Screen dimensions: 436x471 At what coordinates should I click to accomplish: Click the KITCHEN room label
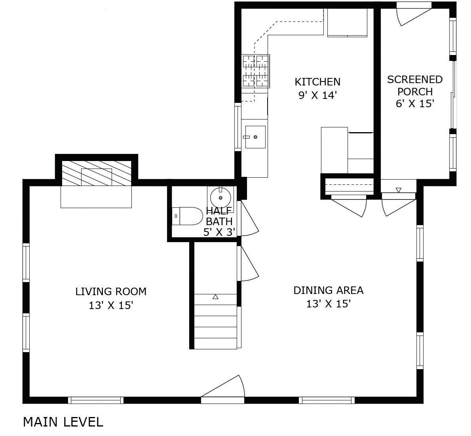click(x=317, y=82)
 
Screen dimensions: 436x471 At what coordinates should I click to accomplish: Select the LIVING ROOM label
click(x=111, y=292)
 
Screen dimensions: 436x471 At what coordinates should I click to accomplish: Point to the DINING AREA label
click(x=328, y=290)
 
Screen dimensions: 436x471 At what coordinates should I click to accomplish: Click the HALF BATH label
click(x=219, y=216)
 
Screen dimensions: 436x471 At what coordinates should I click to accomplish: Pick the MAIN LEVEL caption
click(x=63, y=422)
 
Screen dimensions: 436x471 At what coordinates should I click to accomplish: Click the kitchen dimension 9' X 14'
click(x=317, y=95)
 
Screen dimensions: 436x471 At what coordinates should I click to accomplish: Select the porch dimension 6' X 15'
click(x=415, y=104)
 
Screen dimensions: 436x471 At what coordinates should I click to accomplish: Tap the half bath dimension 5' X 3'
click(x=219, y=232)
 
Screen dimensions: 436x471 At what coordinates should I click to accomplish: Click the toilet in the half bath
click(x=187, y=216)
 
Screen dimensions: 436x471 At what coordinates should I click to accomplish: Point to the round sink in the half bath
click(x=220, y=196)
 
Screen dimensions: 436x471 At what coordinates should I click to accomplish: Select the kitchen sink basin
click(x=255, y=137)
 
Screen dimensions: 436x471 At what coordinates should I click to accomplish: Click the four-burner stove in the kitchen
click(x=255, y=71)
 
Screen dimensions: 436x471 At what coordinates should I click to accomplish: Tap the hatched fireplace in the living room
click(x=96, y=173)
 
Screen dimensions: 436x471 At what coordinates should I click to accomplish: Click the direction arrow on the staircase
click(x=215, y=297)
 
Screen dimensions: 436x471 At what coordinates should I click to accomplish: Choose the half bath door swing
click(x=249, y=220)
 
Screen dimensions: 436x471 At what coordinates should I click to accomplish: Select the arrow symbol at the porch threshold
click(x=399, y=190)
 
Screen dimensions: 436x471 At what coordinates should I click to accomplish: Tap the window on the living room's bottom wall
click(x=95, y=400)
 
